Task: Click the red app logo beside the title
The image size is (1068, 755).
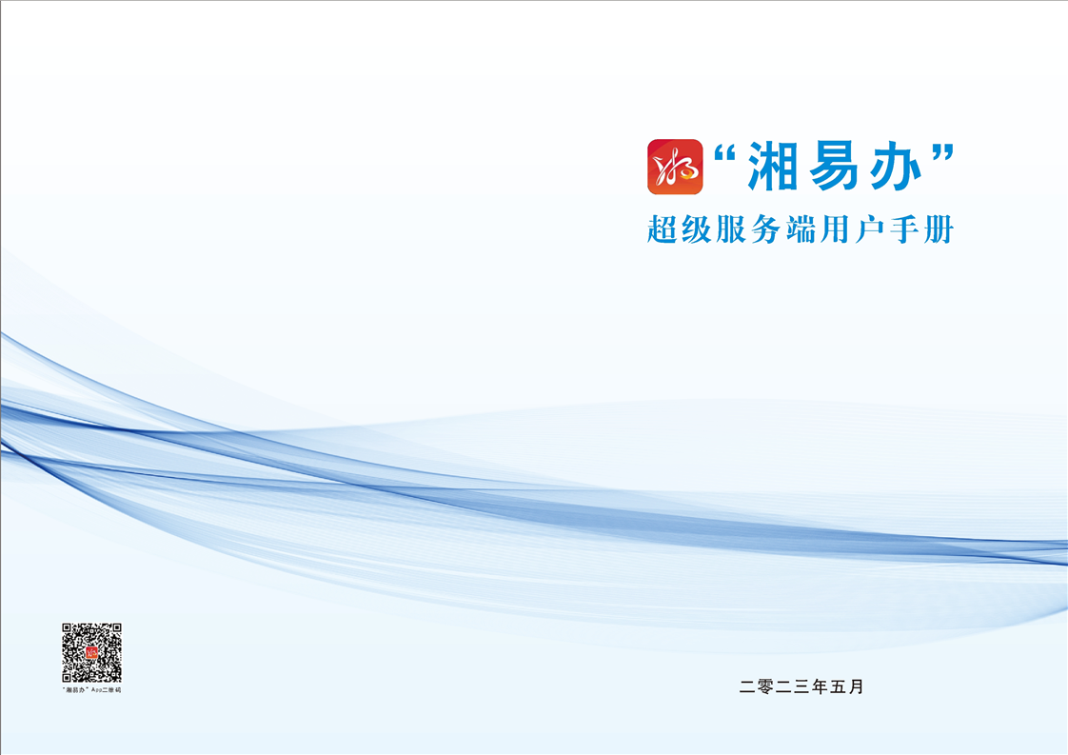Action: (675, 167)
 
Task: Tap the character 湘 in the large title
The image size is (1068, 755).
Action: (773, 167)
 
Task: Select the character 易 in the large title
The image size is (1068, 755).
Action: (835, 167)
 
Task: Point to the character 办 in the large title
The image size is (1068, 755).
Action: (896, 167)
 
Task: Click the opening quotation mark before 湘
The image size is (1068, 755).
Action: (726, 154)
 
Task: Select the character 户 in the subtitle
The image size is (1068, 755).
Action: (870, 229)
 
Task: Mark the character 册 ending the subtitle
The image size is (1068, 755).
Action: (939, 229)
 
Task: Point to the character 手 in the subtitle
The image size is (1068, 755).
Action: (905, 229)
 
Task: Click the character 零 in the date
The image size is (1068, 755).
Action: (765, 686)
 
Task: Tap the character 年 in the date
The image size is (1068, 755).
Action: (820, 686)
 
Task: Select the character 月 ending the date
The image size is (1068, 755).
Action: (856, 686)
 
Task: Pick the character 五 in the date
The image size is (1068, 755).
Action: (838, 686)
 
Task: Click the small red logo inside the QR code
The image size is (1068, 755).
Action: (92, 653)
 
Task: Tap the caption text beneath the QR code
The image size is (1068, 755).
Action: (92, 690)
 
